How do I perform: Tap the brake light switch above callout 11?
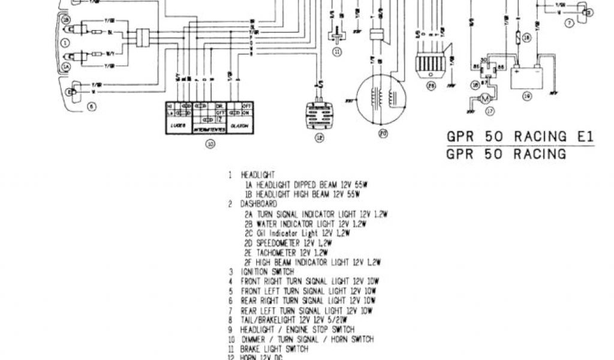[x=336, y=37]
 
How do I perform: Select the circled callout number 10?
[x=209, y=144]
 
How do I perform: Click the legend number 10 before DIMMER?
[x=231, y=339]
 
